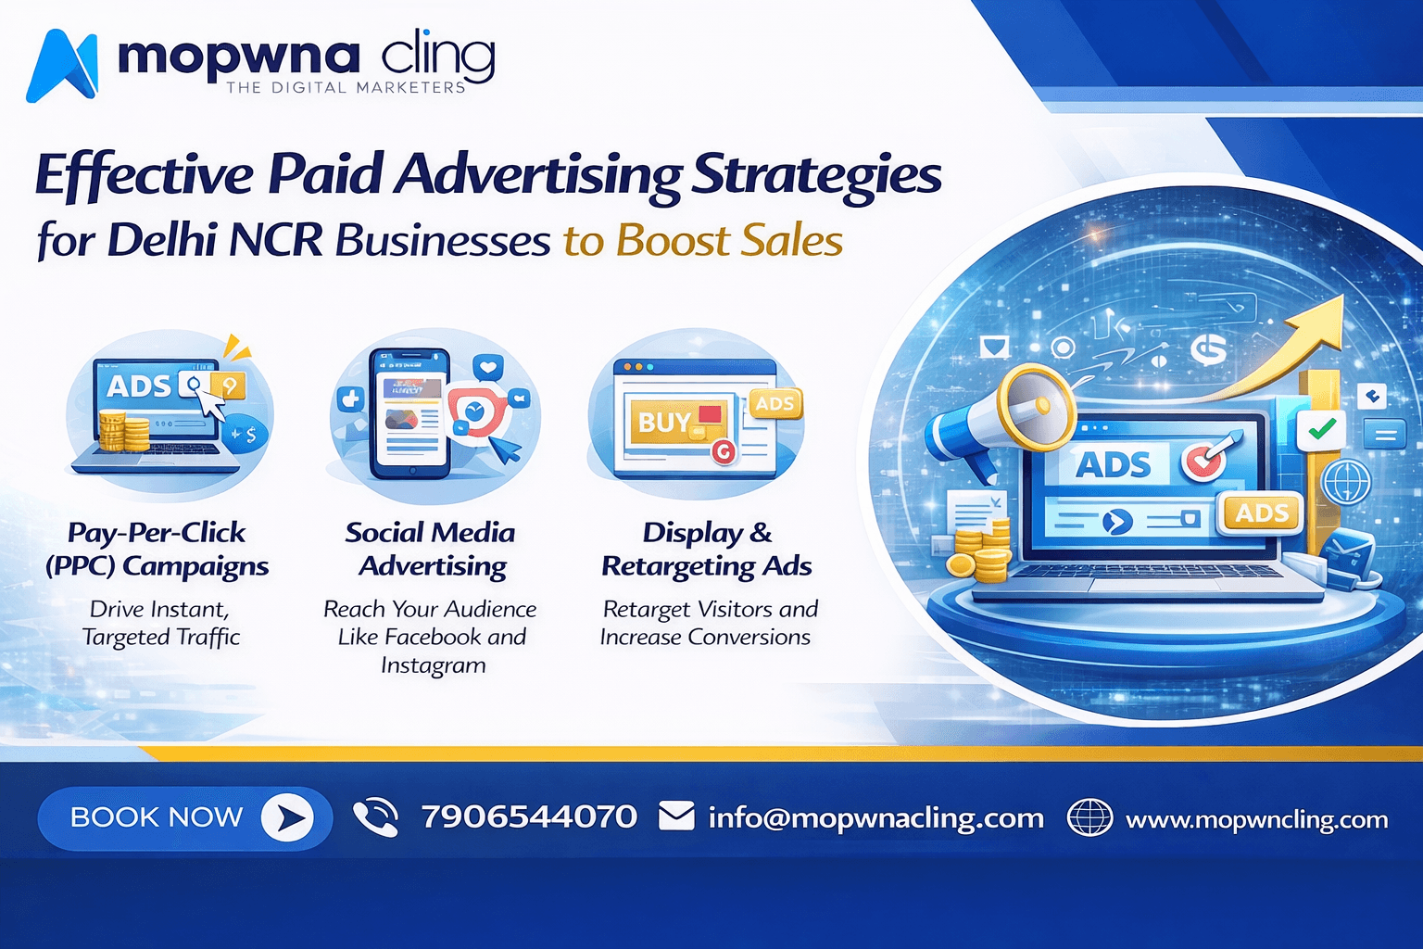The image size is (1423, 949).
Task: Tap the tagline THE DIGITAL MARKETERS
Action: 346,88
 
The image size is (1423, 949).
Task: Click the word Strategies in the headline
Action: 817,174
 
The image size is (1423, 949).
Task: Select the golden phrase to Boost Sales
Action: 703,241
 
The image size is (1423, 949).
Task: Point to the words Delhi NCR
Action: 215,241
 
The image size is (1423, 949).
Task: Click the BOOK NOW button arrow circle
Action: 287,817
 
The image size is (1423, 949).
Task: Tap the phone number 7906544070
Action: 529,817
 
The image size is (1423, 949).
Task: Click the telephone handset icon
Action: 375,817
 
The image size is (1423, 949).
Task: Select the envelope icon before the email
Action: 676,817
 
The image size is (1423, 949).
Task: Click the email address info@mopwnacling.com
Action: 875,818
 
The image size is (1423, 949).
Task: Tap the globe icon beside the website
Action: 1089,818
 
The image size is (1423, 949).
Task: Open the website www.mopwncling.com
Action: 1256,820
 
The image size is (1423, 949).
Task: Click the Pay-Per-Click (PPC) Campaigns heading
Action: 157,550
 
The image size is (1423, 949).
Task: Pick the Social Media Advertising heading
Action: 431,550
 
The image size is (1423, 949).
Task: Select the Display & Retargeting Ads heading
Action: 707,550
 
